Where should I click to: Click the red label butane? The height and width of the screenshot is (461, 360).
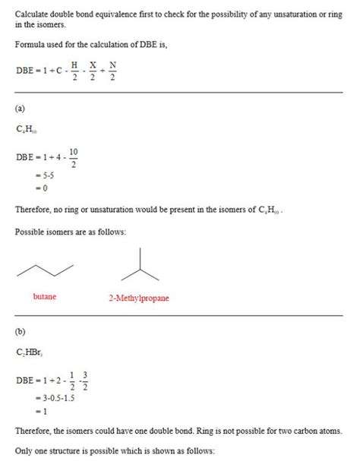pos(45,297)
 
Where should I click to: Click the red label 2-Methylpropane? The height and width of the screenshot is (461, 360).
pos(138,298)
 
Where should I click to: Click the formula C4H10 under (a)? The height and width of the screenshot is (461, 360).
pos(26,130)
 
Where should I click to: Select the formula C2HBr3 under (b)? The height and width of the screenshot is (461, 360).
pos(28,353)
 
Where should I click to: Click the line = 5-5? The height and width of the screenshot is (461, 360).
pos(43,176)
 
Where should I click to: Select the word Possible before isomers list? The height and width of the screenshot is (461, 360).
pos(30,231)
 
